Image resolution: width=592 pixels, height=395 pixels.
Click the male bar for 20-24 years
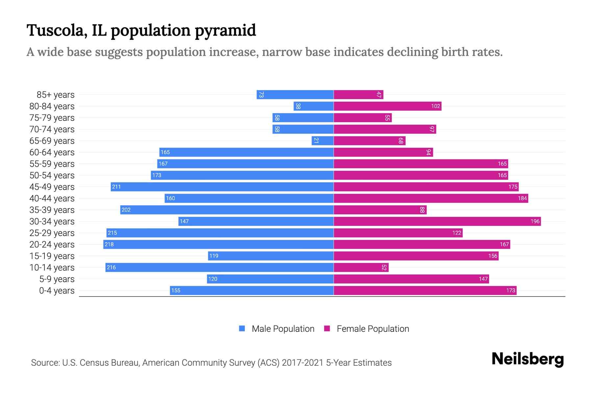(218, 244)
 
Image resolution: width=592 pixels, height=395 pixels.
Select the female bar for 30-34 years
(437, 221)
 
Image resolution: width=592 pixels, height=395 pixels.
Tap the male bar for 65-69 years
(323, 141)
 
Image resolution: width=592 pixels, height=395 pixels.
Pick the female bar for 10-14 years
(361, 267)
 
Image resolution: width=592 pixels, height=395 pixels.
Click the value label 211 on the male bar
(116, 187)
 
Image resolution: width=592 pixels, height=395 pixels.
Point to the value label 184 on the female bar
(522, 198)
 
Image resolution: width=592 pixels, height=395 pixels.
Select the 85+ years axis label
(55, 95)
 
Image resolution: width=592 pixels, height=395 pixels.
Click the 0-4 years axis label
(57, 291)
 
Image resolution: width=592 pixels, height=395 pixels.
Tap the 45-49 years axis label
(52, 187)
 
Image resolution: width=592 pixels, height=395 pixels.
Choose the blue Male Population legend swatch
(242, 329)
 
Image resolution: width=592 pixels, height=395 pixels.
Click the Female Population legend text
(373, 329)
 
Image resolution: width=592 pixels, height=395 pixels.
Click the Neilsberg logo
(528, 359)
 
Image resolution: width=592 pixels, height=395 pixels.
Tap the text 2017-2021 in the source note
(303, 363)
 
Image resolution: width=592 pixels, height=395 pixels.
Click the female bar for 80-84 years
(387, 106)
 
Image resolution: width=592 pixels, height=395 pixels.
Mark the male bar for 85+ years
(295, 94)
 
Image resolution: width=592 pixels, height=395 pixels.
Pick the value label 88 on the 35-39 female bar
(422, 210)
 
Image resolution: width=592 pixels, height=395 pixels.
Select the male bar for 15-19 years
(271, 256)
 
